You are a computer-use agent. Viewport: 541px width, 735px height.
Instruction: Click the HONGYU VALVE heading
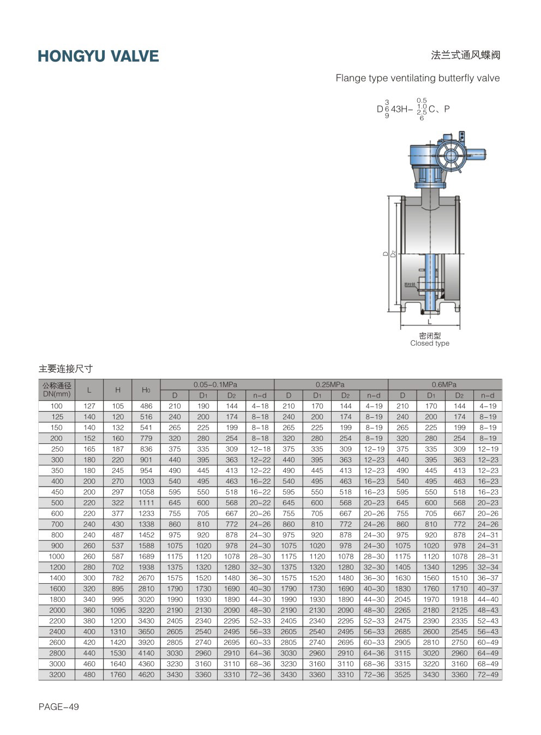tap(98, 56)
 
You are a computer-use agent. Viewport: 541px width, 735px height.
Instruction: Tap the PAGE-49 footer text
tap(59, 707)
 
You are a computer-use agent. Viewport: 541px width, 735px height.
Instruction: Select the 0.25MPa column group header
tap(330, 384)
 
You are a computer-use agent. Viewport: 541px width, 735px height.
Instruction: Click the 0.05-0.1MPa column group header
tap(215, 384)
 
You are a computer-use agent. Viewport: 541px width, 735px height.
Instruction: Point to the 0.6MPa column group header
tap(444, 384)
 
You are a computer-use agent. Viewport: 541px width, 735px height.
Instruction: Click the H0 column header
tap(146, 390)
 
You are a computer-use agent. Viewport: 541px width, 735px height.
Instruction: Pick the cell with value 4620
tap(146, 674)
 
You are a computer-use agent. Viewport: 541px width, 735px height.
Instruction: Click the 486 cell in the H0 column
tap(146, 406)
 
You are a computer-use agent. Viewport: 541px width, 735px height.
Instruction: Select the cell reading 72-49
tap(488, 674)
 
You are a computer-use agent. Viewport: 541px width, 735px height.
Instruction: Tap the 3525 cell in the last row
tap(402, 674)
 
